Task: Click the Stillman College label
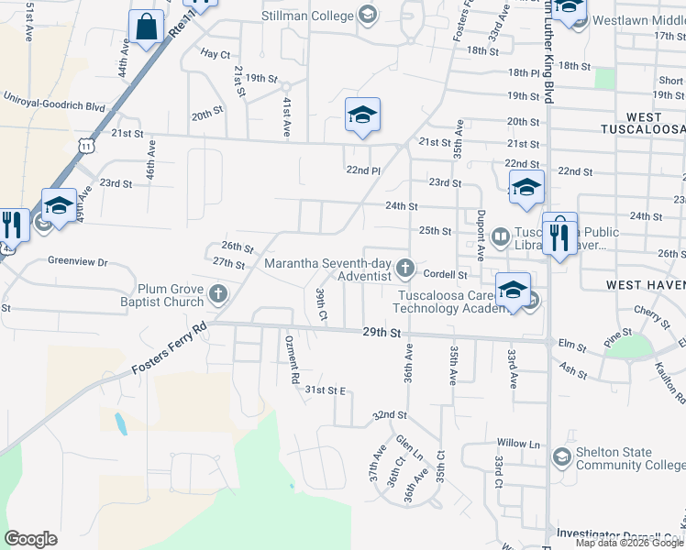[308, 16]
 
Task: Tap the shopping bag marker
[147, 27]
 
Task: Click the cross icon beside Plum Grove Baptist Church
[217, 294]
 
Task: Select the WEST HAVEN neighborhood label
[646, 286]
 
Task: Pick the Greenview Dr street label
[77, 261]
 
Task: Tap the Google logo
[31, 539]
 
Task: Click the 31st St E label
[325, 390]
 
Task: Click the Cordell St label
[446, 274]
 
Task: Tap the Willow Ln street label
[518, 444]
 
